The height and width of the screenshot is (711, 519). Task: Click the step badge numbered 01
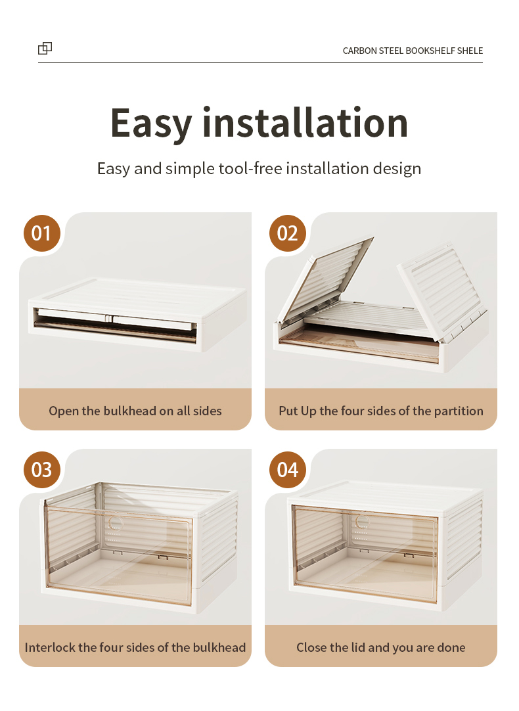41,233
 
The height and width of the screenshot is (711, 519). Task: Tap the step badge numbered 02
287,233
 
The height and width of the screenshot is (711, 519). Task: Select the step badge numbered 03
41,470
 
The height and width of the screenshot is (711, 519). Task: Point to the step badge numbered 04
287,470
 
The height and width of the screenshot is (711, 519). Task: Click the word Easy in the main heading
151,124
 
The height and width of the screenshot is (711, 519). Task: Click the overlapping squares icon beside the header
45,48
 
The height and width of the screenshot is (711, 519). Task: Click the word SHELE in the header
470,51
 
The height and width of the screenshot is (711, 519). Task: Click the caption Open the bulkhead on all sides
135,411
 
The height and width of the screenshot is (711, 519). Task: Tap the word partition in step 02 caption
459,411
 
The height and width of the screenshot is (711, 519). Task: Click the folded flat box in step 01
137,314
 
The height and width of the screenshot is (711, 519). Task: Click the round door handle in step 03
115,522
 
